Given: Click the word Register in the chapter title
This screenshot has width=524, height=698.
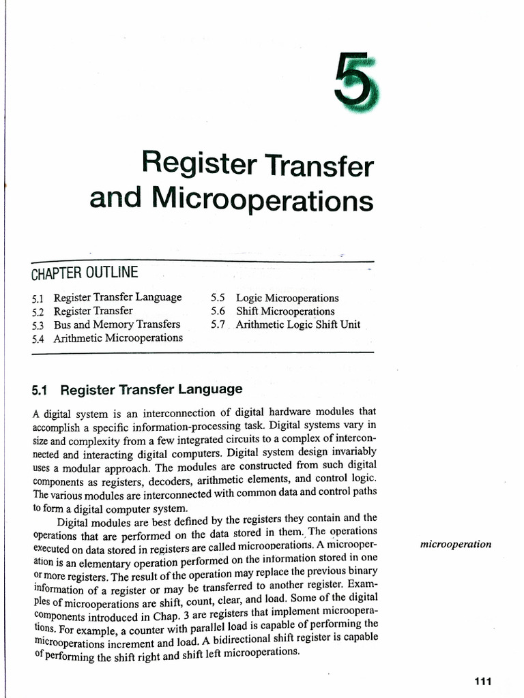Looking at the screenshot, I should click(197, 164).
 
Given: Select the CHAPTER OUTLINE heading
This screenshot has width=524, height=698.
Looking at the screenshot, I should click(85, 273).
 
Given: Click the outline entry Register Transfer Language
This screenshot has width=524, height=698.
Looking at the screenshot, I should click(118, 297).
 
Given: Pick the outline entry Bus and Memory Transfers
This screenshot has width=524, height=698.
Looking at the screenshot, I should click(117, 324).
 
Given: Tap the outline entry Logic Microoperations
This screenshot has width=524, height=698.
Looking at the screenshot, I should click(287, 298).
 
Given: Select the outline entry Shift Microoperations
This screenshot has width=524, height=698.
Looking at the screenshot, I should click(285, 311).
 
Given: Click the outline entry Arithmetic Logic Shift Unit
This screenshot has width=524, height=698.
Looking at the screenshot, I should click(298, 324).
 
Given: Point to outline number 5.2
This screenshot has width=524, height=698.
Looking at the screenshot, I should click(38, 312).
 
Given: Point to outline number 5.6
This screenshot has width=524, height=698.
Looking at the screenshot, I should click(218, 311).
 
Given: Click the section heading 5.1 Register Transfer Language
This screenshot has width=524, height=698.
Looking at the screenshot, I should click(137, 390).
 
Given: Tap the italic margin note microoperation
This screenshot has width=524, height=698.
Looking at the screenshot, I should click(456, 545).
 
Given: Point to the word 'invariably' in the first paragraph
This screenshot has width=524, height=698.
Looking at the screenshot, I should click(347, 452).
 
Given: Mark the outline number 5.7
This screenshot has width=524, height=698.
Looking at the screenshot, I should click(218, 324).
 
